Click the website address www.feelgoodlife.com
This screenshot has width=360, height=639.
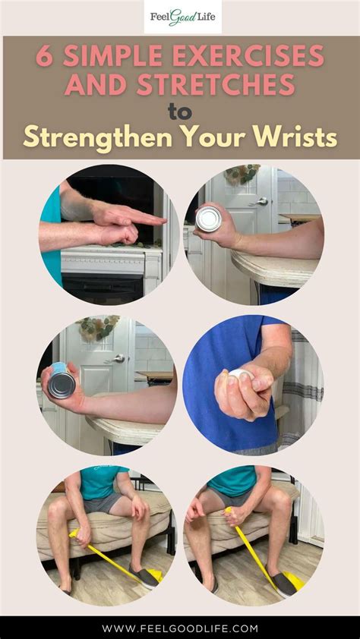(x=180, y=628)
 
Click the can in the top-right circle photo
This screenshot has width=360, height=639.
(x=207, y=219)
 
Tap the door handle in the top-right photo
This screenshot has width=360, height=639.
(x=262, y=202)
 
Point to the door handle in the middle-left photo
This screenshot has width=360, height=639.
(x=116, y=358)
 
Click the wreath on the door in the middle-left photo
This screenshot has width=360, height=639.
(x=97, y=328)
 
